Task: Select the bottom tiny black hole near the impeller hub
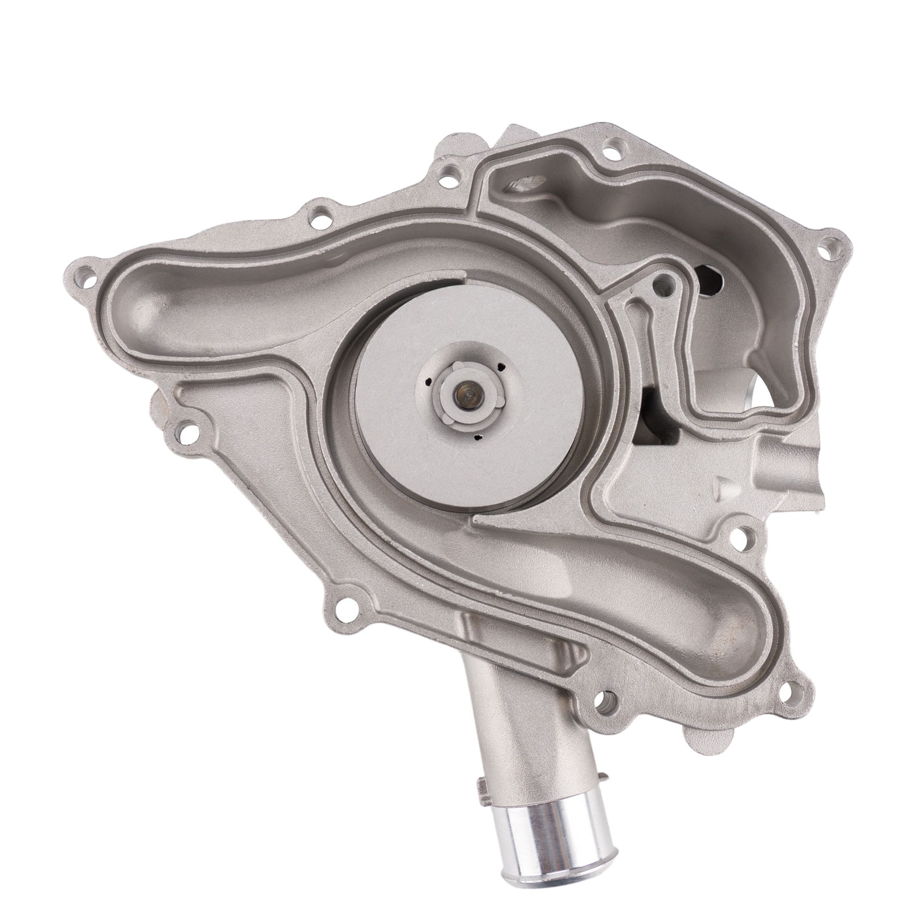click(x=477, y=437)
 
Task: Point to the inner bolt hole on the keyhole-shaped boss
click(x=661, y=280)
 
